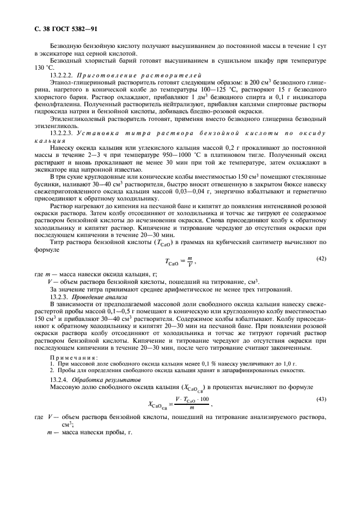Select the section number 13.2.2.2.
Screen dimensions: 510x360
pyautogui.click(x=62, y=75)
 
